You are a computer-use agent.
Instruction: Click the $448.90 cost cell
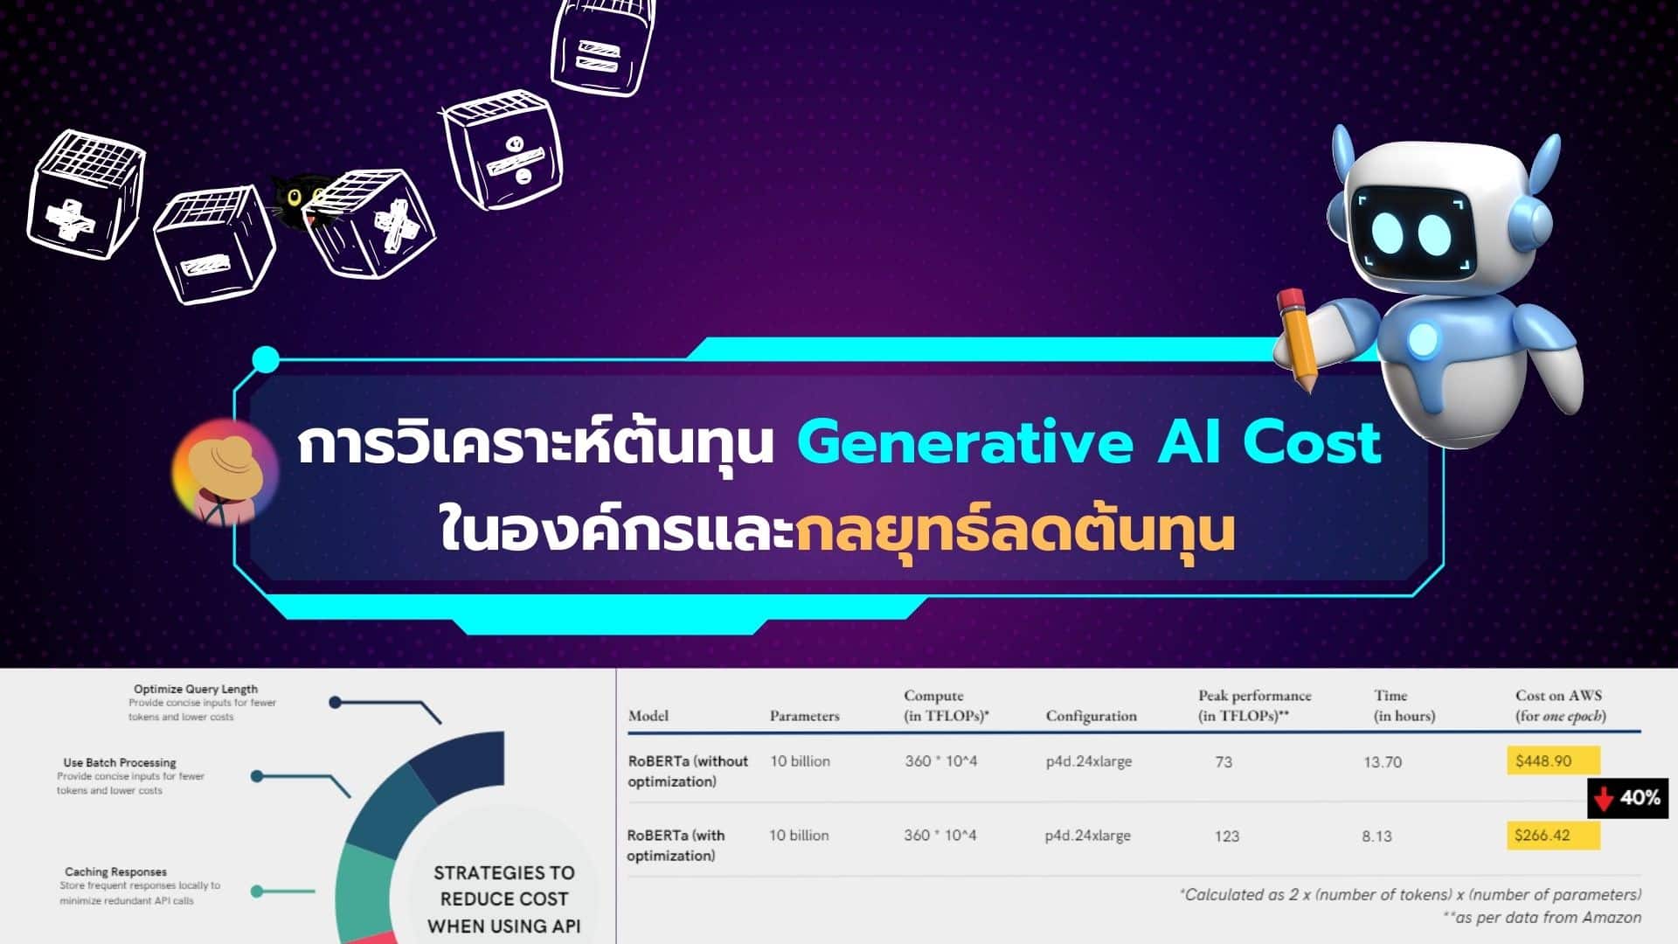click(x=1552, y=760)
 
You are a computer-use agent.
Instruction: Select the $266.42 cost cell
click(x=1552, y=835)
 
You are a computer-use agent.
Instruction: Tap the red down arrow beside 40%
click(x=1603, y=798)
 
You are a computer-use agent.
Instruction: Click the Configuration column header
click(x=1091, y=716)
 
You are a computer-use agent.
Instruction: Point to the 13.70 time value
click(x=1382, y=762)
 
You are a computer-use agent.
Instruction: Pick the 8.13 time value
click(x=1376, y=836)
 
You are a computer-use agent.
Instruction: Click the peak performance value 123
click(x=1226, y=836)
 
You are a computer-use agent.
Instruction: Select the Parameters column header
click(x=804, y=716)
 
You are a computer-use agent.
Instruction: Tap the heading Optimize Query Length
click(x=196, y=689)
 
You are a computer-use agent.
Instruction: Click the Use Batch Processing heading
click(x=120, y=762)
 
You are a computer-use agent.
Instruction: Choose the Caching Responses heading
click(x=115, y=871)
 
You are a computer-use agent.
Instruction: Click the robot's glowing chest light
click(x=1422, y=339)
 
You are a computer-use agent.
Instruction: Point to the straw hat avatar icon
click(x=225, y=472)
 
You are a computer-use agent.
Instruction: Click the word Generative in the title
click(x=965, y=443)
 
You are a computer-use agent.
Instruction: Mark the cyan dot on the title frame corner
click(x=266, y=359)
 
